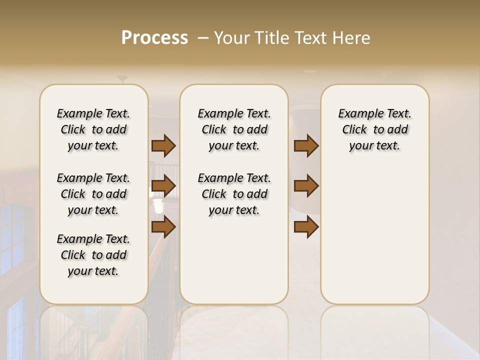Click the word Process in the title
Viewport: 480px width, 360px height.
pos(154,38)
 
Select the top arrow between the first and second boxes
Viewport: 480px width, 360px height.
pos(163,145)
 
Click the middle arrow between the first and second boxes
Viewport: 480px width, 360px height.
pos(163,186)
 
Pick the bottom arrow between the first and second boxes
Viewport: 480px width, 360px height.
pos(163,227)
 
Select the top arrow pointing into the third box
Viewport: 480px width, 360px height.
pos(306,145)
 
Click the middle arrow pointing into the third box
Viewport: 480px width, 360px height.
pos(306,186)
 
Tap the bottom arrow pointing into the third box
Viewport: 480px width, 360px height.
pos(306,227)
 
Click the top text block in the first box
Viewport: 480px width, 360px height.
pos(93,129)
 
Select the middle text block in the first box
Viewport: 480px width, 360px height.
pos(93,194)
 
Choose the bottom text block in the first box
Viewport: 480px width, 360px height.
pos(93,255)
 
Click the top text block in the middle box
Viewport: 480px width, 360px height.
pos(234,129)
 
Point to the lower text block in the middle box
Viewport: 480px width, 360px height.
pos(234,194)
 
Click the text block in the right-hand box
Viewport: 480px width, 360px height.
pos(374,129)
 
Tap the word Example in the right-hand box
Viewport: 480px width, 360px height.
pos(357,114)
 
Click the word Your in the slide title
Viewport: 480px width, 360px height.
pos(232,38)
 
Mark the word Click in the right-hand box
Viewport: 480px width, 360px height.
pos(354,130)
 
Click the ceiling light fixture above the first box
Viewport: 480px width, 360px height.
pos(122,79)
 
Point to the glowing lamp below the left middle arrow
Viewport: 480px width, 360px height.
pos(158,205)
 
